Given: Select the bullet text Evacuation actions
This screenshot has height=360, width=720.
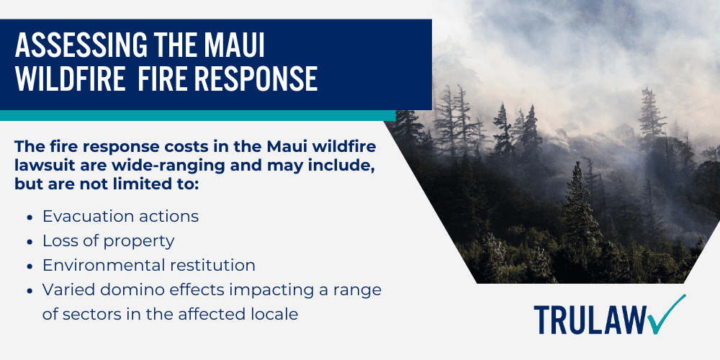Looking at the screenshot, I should pyautogui.click(x=120, y=216).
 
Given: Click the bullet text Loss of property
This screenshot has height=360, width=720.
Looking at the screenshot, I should pyautogui.click(x=108, y=240).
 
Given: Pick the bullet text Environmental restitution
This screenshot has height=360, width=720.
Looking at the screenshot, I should pyautogui.click(x=148, y=265).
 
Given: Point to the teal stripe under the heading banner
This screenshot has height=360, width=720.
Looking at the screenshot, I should pyautogui.click(x=194, y=115).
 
